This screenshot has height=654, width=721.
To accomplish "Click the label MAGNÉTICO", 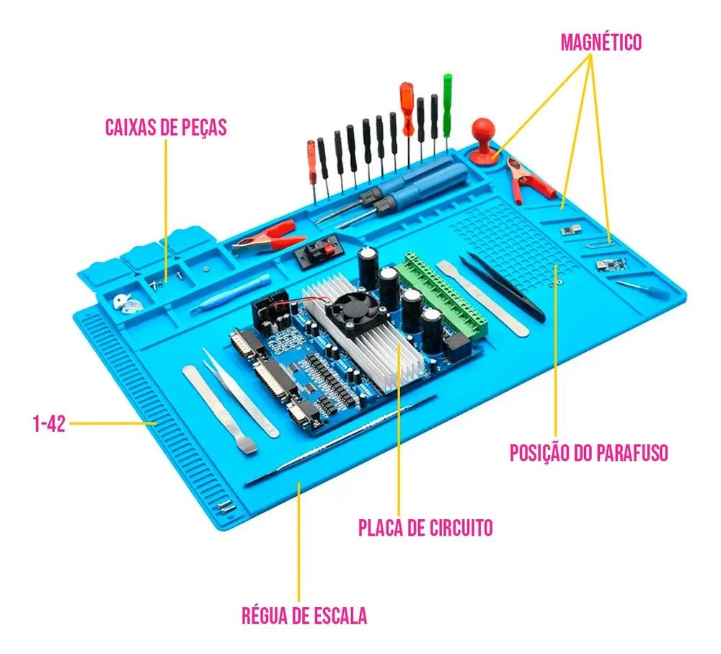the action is tap(601, 42).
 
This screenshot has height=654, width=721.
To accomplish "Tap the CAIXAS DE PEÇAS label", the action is tap(166, 128).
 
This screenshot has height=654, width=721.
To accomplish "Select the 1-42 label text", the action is tap(49, 423).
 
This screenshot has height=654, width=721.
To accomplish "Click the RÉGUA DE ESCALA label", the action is tap(304, 615).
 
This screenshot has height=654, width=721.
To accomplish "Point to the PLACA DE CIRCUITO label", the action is tap(425, 528).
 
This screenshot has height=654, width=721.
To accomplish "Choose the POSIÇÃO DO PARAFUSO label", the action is tap(588, 453).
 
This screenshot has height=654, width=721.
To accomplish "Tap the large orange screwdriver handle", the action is tap(407, 109).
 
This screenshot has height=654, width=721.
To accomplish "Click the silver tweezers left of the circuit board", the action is tap(241, 392).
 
